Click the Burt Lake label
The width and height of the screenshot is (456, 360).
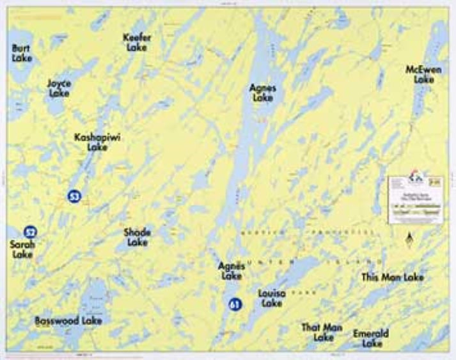22,53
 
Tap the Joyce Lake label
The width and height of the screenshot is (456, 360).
59,88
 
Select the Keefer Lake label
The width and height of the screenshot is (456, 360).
137,42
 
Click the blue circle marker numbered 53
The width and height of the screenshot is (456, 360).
74,196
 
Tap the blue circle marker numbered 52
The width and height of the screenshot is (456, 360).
29,231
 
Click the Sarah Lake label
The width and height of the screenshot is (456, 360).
23,249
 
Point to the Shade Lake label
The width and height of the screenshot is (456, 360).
137,237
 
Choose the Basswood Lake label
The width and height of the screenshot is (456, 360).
68,320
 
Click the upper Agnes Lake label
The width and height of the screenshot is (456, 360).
262,93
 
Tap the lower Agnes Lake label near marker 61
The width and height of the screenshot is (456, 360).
231,271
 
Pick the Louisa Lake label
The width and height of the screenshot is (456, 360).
271,299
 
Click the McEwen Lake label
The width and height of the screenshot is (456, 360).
423,74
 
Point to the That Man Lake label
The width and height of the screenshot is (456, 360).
322,332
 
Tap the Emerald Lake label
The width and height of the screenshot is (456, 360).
371,338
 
